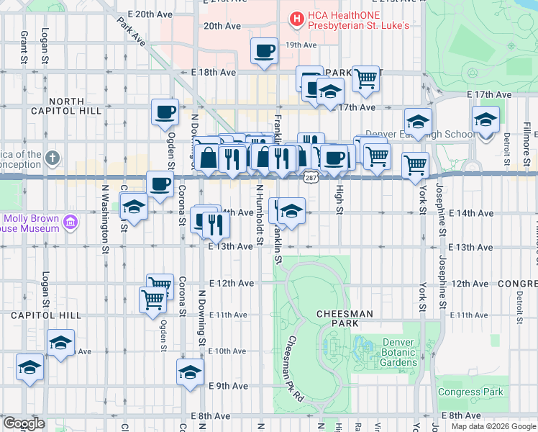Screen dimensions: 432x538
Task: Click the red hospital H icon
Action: click(295, 19)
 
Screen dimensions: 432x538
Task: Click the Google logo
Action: click(24, 423)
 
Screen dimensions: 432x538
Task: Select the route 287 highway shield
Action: click(310, 177)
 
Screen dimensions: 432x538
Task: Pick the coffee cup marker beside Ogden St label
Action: click(165, 112)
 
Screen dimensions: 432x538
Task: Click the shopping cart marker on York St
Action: click(415, 165)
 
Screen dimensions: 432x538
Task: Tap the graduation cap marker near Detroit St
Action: click(485, 120)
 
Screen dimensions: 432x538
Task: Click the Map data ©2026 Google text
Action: click(492, 426)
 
